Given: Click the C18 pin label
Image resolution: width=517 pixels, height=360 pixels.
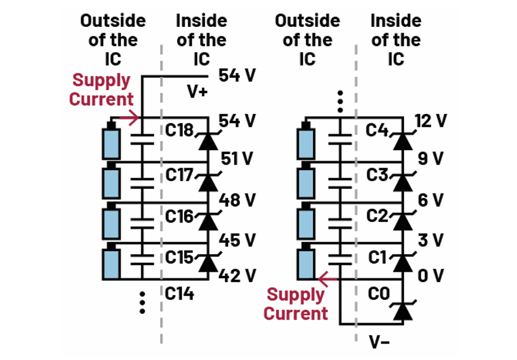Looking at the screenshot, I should (179, 131).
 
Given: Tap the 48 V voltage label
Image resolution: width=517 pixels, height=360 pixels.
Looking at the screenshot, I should (237, 200).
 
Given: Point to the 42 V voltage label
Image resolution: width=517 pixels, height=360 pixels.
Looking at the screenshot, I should (237, 276).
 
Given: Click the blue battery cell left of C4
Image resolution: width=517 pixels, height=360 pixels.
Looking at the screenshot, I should (306, 142).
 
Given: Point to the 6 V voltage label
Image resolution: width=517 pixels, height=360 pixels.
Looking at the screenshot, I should (431, 200).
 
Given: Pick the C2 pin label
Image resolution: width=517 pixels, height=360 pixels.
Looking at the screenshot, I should (377, 216).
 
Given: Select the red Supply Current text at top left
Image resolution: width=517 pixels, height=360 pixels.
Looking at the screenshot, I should (101, 90).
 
